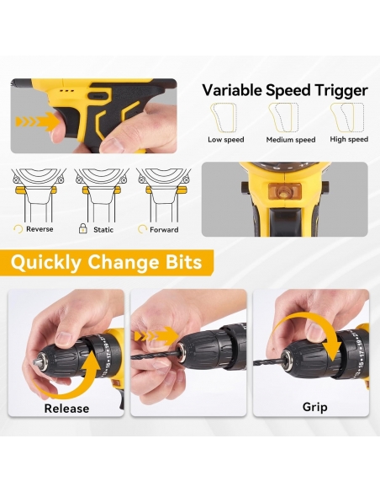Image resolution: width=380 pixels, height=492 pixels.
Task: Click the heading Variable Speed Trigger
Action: (x=284, y=91)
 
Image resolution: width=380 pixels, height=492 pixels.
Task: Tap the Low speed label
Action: (x=226, y=140)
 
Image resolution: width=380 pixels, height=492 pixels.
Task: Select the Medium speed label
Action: (x=291, y=140)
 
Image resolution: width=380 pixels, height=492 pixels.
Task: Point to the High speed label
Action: (x=349, y=139)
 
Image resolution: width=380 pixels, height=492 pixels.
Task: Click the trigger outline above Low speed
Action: (x=224, y=118)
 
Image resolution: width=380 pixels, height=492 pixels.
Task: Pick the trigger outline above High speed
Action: (x=347, y=117)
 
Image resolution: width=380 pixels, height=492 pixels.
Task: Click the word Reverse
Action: (x=40, y=229)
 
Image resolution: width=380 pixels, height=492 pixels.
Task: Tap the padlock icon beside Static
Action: (x=82, y=228)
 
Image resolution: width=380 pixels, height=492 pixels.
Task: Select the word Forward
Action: (x=164, y=230)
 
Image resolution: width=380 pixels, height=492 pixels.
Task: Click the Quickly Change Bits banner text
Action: (x=107, y=262)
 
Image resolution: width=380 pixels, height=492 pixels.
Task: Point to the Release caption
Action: (x=66, y=409)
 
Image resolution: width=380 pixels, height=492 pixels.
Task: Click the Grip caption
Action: (x=315, y=407)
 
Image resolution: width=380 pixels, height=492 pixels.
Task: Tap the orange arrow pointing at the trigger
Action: (x=37, y=122)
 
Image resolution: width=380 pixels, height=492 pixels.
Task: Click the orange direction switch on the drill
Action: (x=284, y=191)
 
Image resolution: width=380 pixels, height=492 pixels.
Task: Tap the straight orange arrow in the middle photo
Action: (x=156, y=337)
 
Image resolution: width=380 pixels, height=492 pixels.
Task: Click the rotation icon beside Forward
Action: (x=142, y=229)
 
